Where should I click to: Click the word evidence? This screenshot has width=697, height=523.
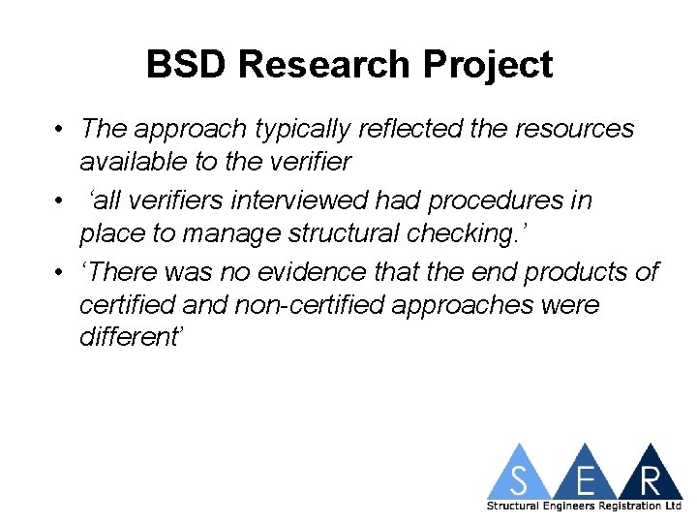pos(307,273)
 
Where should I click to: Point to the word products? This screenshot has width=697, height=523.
pos(591,273)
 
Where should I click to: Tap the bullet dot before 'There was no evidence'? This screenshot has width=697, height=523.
pos(60,273)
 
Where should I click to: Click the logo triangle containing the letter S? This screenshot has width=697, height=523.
pos(520,476)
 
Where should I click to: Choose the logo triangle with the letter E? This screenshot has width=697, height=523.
pos(584,476)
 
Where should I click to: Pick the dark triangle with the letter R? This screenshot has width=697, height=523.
pos(649,476)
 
